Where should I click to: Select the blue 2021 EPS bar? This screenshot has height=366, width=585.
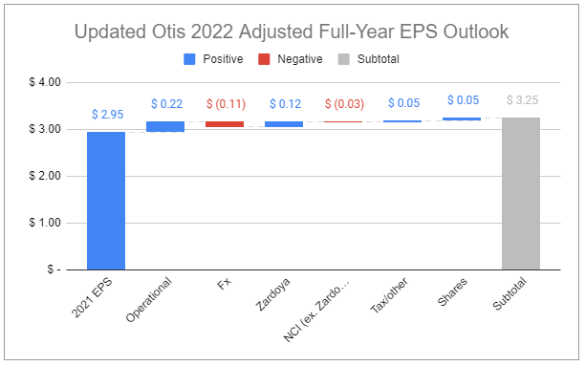(106, 201)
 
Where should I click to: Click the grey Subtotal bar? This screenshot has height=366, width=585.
(521, 194)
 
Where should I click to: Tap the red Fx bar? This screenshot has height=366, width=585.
(225, 124)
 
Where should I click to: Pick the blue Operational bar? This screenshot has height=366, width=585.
(165, 126)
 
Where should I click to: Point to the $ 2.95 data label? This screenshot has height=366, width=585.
(106, 115)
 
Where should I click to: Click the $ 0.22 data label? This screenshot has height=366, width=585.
(165, 103)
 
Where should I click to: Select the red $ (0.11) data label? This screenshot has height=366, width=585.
(225, 103)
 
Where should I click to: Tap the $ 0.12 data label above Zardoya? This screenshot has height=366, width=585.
(284, 103)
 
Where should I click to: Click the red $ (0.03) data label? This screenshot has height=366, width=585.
(343, 103)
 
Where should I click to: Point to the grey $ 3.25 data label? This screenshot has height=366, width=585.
(521, 100)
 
